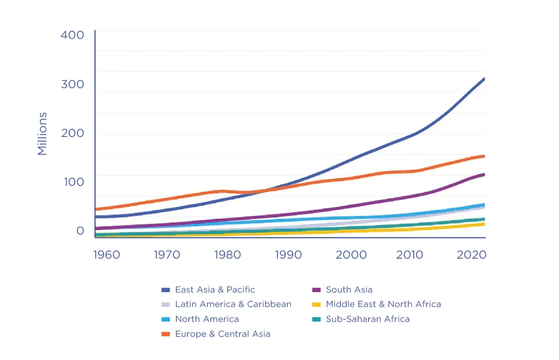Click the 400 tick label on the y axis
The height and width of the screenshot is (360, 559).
coord(72,35)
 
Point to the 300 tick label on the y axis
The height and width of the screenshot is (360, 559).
coord(72,84)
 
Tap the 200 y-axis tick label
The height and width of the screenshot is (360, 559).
coord(72,133)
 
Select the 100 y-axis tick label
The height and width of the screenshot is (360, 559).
coord(74,182)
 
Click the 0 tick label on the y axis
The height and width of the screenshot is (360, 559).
coord(80,230)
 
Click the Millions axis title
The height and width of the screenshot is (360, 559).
coord(42,134)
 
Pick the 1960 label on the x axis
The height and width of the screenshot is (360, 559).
coord(106,254)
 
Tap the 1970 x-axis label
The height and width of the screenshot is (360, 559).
coord(167,254)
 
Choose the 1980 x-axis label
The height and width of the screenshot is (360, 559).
coord(227,254)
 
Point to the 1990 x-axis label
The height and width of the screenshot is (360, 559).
coord(288,254)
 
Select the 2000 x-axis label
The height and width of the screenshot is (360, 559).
coord(351,254)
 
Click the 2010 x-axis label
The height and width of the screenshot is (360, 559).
coord(410,254)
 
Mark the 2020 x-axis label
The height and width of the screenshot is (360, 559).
coord(472,254)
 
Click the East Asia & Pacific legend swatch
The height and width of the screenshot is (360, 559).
coord(166,290)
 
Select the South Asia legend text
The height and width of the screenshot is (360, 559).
coord(349,290)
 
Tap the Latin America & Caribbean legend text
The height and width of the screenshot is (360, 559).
coord(233,304)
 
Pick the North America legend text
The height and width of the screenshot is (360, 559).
coord(207,319)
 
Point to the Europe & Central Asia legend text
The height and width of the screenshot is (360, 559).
coord(222,334)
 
